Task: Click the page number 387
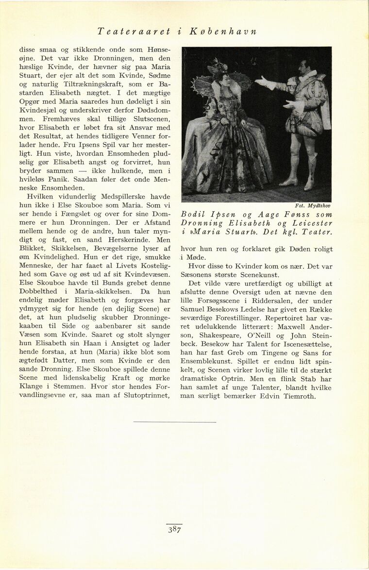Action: click(175, 530)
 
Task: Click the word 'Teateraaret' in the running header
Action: click(134, 32)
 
